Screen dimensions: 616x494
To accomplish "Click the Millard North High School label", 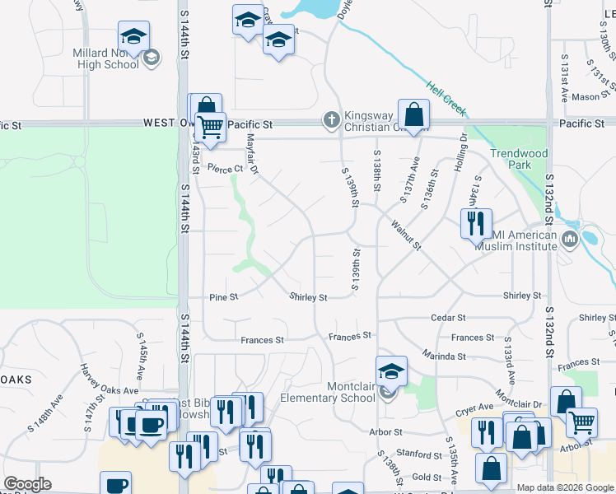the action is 105,58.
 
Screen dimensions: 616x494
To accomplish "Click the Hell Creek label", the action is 446,97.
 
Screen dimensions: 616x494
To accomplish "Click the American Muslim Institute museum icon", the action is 569,240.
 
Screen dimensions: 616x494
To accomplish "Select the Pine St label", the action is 223,296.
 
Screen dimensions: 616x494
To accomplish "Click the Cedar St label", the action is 448,317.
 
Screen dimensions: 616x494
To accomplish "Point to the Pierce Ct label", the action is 226,169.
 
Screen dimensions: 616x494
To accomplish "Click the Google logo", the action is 27,484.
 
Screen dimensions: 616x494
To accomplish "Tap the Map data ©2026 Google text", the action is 564,487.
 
